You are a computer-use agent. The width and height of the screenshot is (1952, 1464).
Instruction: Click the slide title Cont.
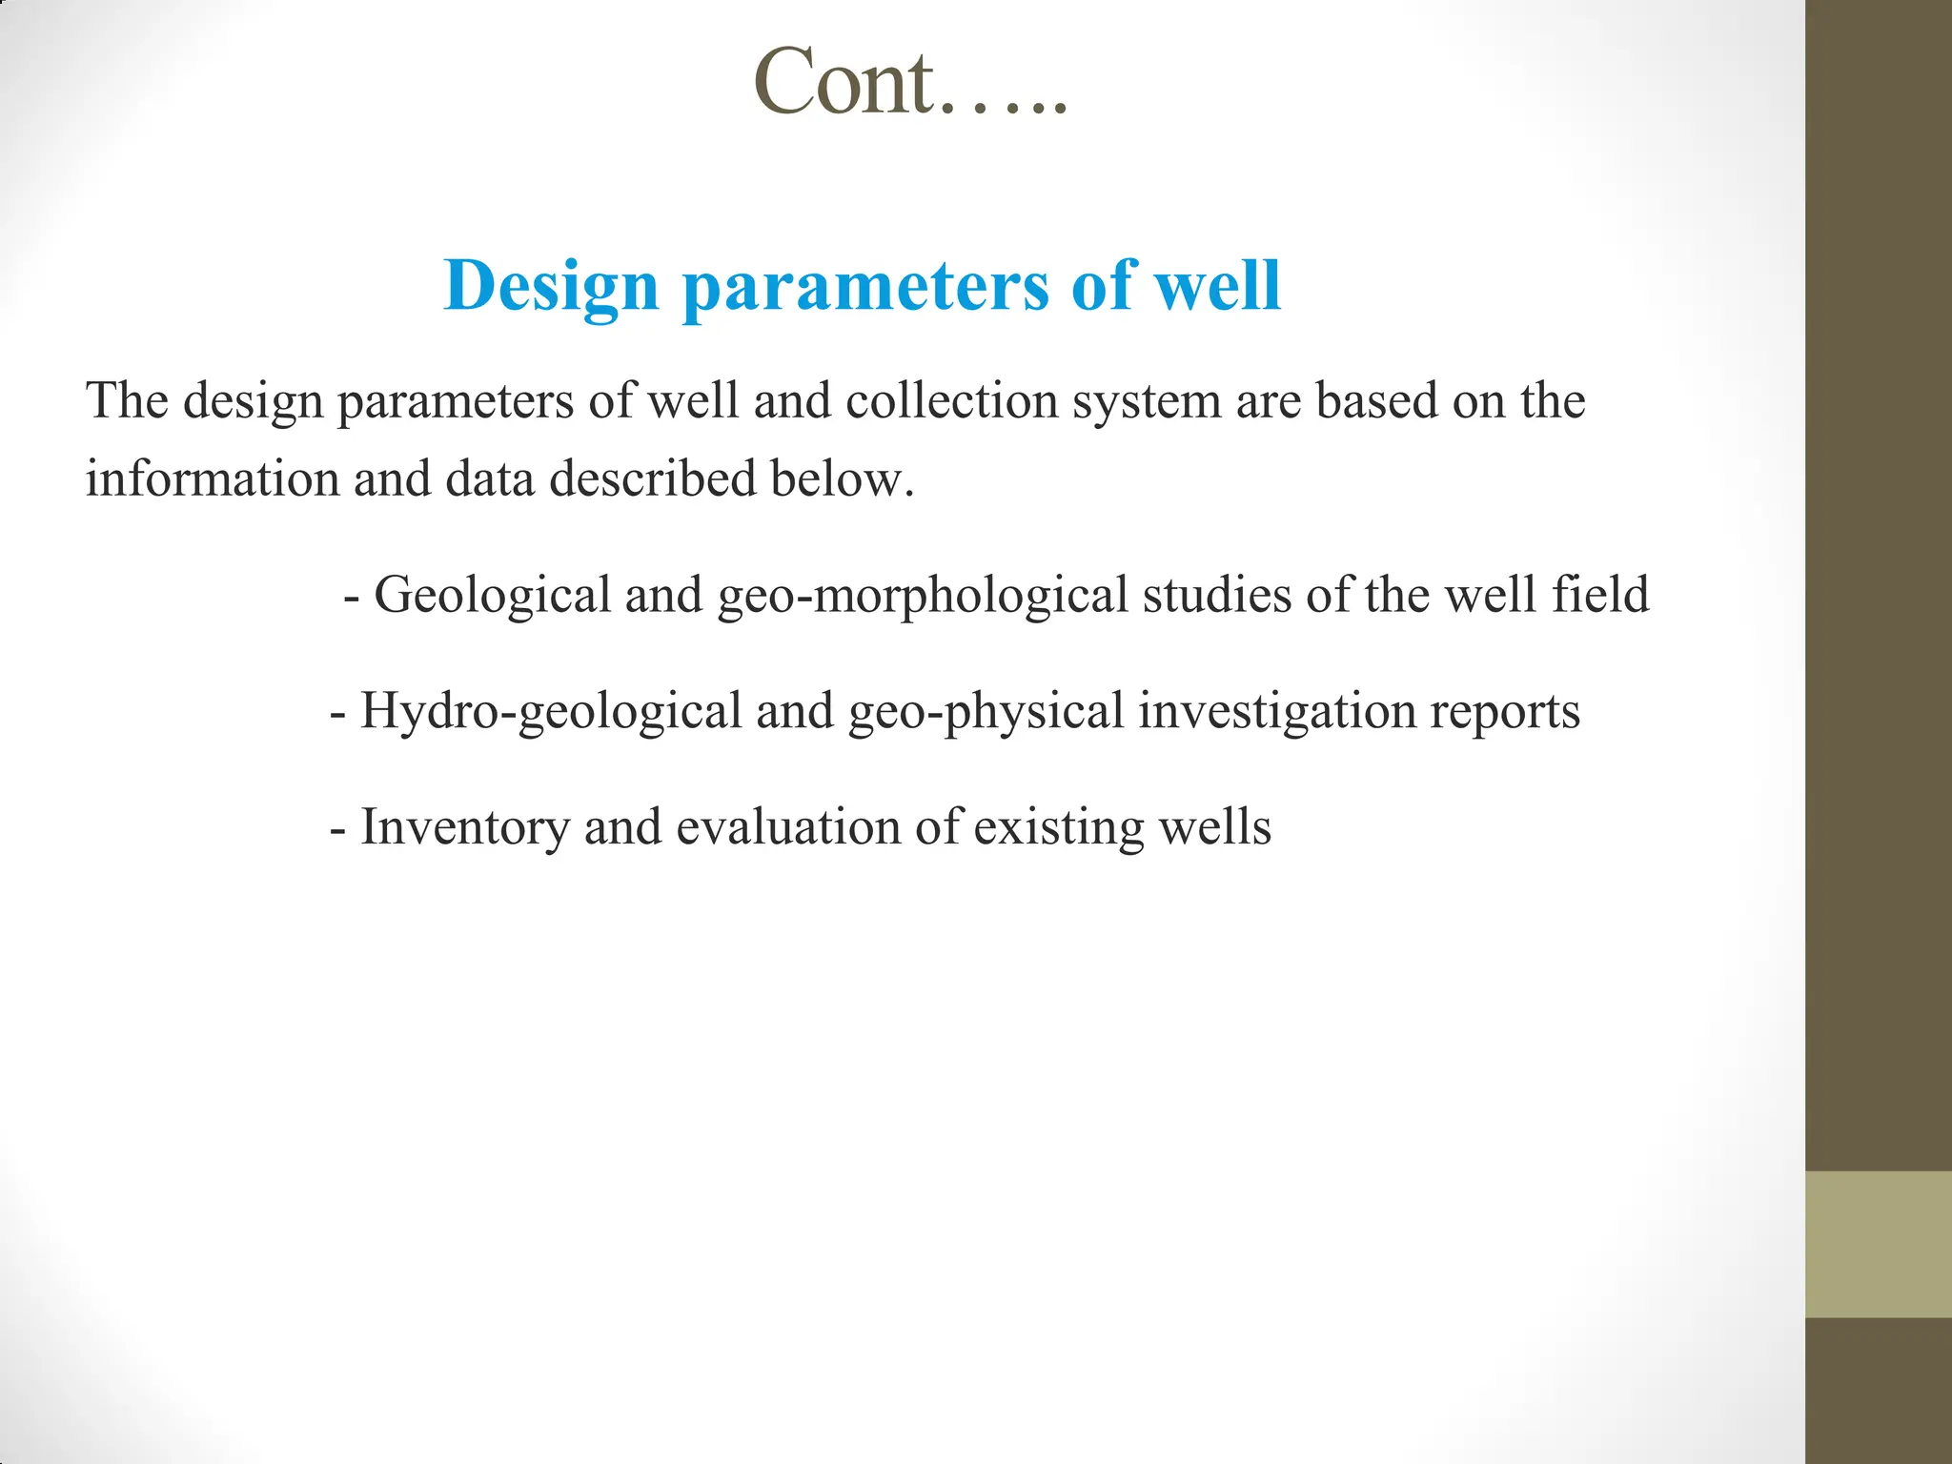(910, 84)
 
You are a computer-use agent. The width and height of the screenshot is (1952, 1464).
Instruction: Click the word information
(212, 478)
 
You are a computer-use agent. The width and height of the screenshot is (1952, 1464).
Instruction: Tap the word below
(842, 478)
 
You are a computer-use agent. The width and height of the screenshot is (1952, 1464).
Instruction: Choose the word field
(1600, 595)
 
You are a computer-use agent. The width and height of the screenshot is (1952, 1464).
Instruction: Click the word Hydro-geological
(551, 712)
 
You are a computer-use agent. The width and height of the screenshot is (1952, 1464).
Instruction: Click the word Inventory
(464, 827)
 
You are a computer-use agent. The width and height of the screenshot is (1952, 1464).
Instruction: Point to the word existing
(1058, 827)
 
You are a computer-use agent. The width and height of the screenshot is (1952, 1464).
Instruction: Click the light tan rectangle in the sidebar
(1878, 1244)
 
